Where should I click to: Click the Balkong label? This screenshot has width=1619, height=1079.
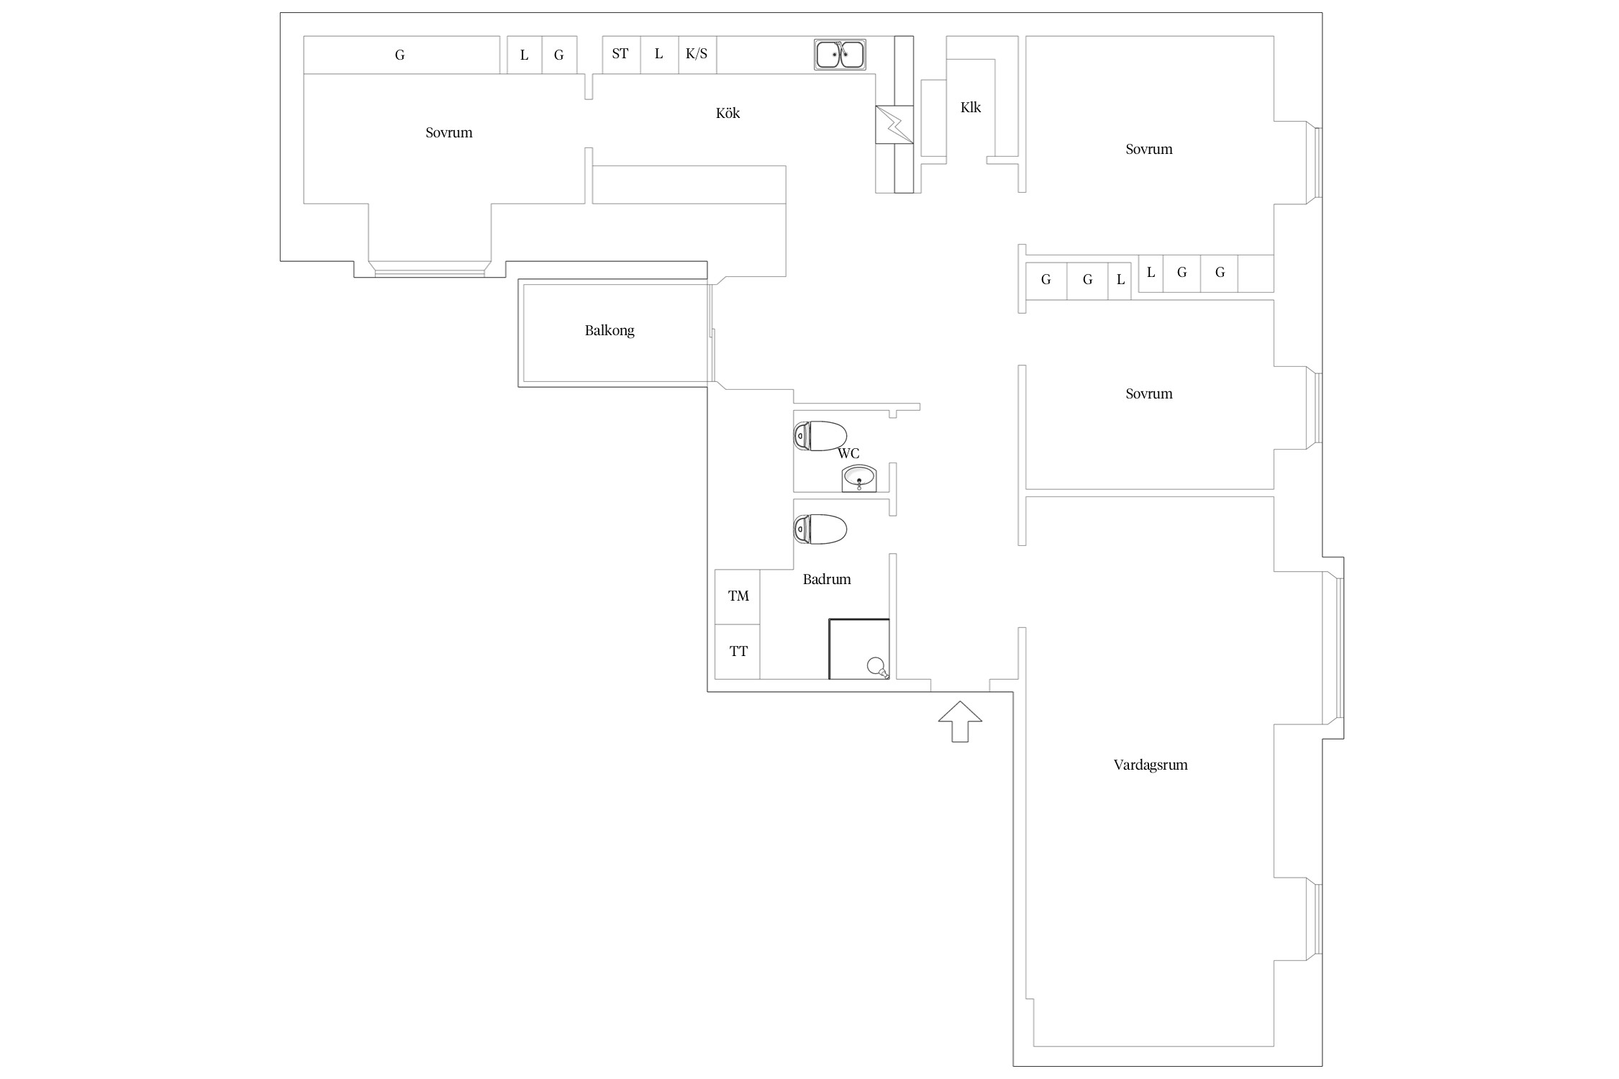coord(609,331)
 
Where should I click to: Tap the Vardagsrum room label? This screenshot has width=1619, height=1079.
coord(1150,765)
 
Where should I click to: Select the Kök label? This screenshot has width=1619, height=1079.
coord(727,113)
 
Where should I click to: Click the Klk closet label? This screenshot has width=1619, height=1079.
coord(971,107)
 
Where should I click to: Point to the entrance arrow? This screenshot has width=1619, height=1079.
coord(960,721)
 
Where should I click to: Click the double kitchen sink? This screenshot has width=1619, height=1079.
coord(840,55)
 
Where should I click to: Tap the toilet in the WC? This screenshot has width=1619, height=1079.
coord(820,436)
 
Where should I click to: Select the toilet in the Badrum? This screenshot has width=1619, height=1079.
coord(820,529)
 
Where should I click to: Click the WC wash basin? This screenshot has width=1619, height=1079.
coord(859,478)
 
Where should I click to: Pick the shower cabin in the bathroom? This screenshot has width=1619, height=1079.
coord(859,649)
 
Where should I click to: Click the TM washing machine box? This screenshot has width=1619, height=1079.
coord(738,596)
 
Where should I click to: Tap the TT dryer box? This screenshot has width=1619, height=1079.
coord(738,652)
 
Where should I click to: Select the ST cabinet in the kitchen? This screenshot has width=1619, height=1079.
coord(621,55)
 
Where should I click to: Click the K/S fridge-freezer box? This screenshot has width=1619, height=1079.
coord(697,55)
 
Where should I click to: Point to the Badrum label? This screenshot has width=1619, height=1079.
coord(827,579)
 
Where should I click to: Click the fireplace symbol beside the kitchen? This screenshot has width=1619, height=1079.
coord(894,124)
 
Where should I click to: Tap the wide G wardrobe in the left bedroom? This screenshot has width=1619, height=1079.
coord(402,55)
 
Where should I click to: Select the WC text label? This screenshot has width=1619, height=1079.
coord(848,454)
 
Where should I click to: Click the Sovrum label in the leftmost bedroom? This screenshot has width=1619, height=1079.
coord(449,132)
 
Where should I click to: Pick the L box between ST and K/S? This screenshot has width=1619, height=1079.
coord(659,55)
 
